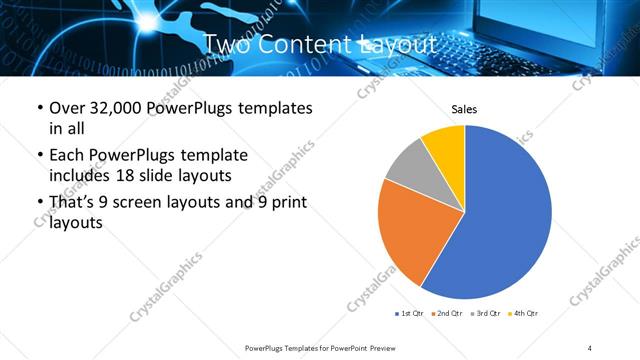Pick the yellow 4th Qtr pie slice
[446, 146]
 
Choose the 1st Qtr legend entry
[409, 314]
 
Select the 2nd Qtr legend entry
[447, 314]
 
